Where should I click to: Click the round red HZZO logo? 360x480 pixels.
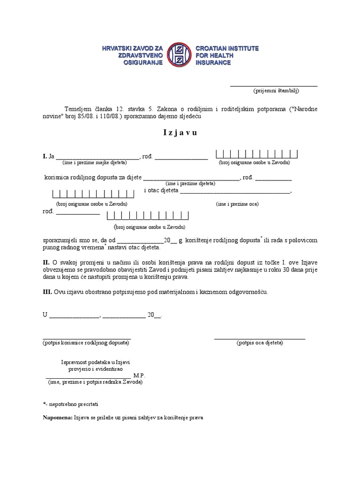pos(180,55)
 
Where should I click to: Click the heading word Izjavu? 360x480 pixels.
pos(180,133)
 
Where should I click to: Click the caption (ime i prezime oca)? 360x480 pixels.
pos(237,204)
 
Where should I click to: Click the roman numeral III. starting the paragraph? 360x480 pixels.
pos(47,292)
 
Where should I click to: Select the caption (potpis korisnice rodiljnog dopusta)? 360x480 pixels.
pos(86,343)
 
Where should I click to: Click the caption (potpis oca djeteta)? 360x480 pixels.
pos(260,343)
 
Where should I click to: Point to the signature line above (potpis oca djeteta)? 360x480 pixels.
pos(260,338)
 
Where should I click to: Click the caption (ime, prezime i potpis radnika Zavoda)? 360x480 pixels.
pos(95,382)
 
